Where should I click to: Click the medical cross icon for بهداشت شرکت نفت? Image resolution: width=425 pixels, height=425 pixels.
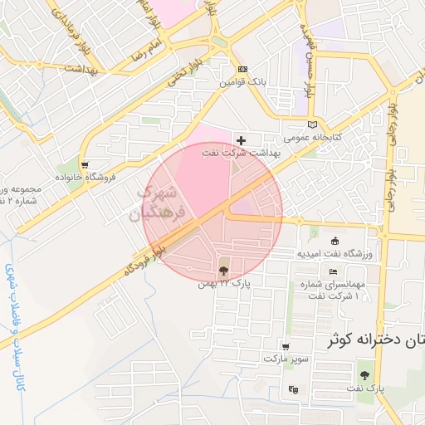point(242,141)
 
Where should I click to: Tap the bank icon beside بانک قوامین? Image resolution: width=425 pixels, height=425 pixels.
point(242,70)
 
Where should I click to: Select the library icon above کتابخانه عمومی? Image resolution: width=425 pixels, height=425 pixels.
point(312,124)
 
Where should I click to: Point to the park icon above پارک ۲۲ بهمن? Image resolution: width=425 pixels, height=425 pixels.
point(223,270)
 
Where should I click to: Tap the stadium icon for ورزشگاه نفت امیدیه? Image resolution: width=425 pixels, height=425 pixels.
point(335,241)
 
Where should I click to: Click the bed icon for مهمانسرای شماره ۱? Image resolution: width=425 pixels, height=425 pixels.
point(334,271)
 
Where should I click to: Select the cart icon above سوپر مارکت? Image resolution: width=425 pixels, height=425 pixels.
point(286,347)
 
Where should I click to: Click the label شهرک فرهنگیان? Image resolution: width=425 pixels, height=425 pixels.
point(154,203)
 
